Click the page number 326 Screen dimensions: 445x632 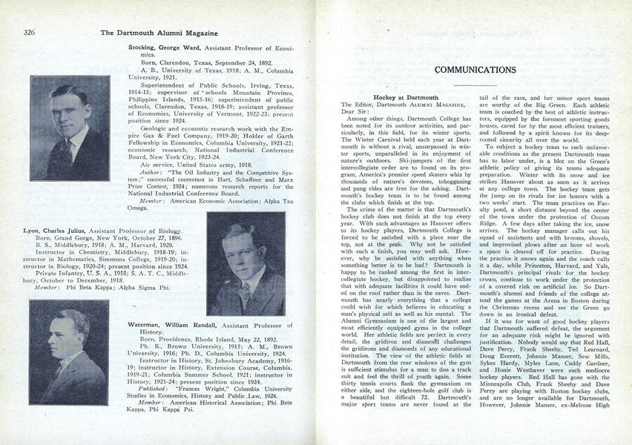(x=30, y=32)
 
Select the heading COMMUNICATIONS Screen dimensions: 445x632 (x=475, y=70)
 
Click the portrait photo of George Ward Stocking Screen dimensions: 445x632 (x=70, y=128)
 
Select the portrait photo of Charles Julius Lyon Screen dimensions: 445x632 (x=246, y=264)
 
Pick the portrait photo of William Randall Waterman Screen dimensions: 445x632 (x=70, y=342)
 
